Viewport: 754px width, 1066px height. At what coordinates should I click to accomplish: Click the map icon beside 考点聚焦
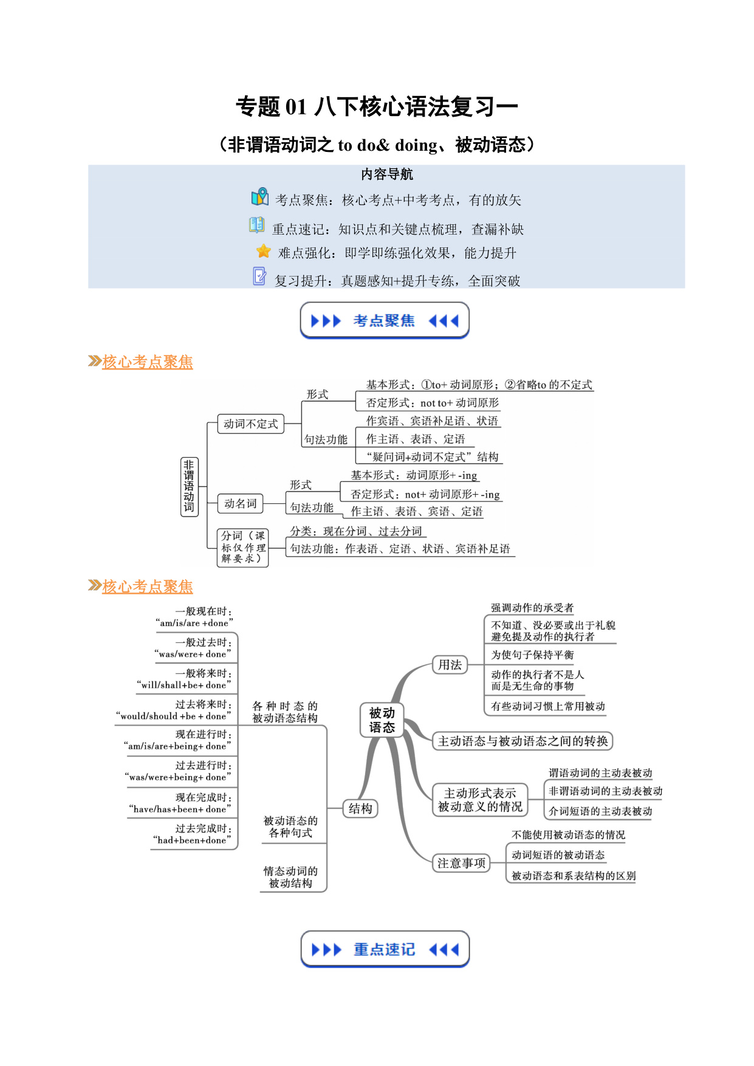point(260,197)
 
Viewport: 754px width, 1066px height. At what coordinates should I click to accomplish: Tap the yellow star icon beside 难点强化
point(264,251)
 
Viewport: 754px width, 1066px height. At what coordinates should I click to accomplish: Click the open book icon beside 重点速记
point(257,225)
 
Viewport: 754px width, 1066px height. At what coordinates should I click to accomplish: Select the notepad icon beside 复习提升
point(259,277)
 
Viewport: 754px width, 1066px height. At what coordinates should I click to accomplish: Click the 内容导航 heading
point(387,174)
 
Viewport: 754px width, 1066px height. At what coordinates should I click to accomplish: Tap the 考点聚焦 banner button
point(385,320)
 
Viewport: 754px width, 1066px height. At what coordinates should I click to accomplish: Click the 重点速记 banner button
point(385,949)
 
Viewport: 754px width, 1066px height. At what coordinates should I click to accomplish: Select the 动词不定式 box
point(250,424)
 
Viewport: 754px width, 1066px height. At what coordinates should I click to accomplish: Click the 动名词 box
point(240,504)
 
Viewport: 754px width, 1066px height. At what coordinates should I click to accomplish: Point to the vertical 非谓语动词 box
point(189,487)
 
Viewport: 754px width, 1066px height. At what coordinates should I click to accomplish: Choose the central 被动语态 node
point(382,720)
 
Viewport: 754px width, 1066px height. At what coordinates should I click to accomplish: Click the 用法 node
point(450,665)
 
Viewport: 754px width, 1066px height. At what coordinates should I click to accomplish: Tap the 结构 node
point(360,809)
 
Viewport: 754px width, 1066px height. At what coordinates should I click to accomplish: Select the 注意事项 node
point(462,864)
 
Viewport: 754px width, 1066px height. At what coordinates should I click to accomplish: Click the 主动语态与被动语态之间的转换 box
point(523,741)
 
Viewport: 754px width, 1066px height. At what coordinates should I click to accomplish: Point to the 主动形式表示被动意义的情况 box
point(480,800)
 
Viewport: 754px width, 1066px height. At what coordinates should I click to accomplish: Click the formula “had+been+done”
point(192,840)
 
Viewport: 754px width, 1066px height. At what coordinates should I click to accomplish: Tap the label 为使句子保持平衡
point(532,655)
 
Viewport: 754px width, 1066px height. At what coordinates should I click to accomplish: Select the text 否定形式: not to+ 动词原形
point(433,403)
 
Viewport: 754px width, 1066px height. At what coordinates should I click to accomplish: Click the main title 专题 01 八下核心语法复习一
point(377,107)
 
